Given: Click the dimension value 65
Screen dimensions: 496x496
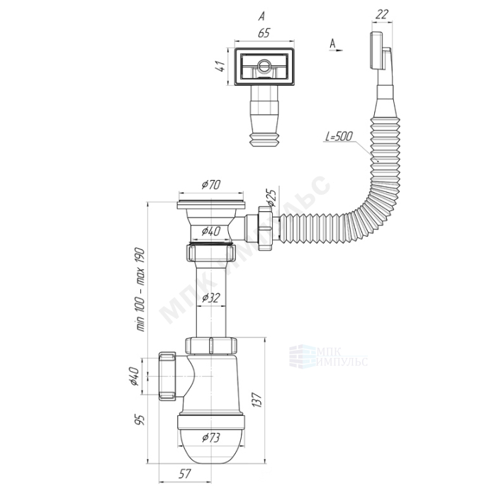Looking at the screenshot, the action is point(264,33).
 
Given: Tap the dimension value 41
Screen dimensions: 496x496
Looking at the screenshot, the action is point(221,66).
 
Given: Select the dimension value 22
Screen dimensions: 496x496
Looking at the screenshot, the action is point(382,14).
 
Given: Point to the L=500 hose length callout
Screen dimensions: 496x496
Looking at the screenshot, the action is point(339,136).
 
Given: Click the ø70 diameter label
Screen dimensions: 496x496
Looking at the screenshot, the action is point(211,184).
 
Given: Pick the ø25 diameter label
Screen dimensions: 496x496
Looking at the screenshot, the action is point(271,198).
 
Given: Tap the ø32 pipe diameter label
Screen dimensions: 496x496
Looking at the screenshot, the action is point(211,298).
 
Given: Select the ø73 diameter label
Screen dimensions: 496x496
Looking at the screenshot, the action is point(211,438).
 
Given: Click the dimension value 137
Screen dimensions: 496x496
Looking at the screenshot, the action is point(257,400).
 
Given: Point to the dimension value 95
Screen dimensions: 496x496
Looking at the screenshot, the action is point(140,419).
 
